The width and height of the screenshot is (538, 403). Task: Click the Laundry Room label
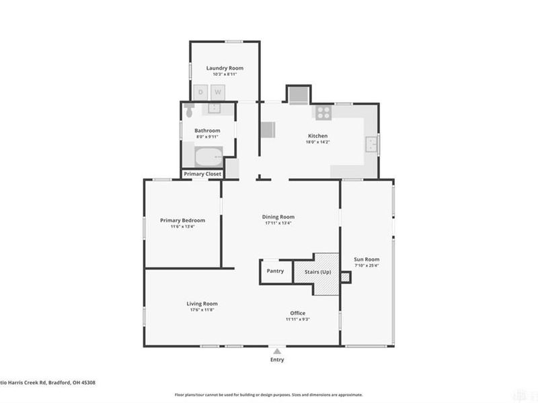225,68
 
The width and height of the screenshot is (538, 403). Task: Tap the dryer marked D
200,92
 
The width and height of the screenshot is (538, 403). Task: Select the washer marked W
218,92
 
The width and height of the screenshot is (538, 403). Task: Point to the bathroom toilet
189,109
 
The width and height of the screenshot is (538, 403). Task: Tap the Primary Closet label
202,174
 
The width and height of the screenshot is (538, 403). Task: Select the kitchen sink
371,144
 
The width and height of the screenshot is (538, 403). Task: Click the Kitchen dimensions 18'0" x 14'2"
317,142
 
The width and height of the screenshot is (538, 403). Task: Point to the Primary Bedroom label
182,220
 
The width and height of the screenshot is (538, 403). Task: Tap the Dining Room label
278,217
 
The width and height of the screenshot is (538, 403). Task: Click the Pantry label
275,271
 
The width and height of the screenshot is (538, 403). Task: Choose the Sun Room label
367,259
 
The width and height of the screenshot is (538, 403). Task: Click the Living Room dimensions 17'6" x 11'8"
202,311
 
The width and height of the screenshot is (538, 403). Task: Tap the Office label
298,313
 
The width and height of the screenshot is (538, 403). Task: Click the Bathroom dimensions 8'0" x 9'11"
208,136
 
